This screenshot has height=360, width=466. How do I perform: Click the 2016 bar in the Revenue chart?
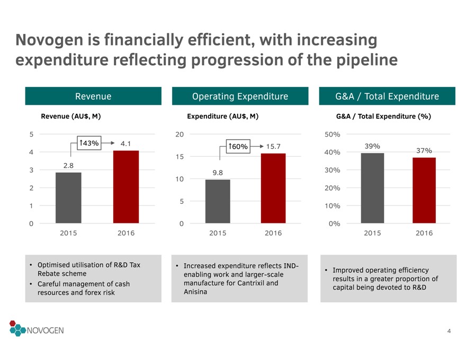click(126, 187)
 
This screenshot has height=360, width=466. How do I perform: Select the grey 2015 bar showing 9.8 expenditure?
click(218, 201)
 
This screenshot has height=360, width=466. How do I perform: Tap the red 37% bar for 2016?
click(424, 191)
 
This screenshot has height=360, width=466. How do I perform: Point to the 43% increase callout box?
click(89, 143)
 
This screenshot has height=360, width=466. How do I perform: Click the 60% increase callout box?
click(238, 147)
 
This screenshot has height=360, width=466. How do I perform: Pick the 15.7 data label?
click(273, 147)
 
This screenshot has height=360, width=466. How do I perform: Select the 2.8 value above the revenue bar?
click(68, 166)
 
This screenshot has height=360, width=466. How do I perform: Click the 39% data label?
click(372, 146)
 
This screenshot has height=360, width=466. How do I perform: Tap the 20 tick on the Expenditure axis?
click(180, 134)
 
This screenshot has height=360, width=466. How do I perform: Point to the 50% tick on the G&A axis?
click(332, 134)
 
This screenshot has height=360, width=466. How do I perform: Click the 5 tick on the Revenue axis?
click(31, 134)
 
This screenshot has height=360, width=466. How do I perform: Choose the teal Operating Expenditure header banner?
click(240, 96)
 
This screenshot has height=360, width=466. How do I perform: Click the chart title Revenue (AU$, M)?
click(71, 116)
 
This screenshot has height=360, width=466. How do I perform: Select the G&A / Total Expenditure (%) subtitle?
click(383, 116)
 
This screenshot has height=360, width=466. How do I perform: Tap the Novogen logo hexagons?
click(17, 328)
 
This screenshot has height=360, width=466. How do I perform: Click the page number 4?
click(449, 331)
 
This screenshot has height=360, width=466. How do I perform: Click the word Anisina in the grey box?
click(195, 292)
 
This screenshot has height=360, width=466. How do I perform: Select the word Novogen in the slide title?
click(49, 40)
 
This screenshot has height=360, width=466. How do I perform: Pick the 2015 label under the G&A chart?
click(372, 233)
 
